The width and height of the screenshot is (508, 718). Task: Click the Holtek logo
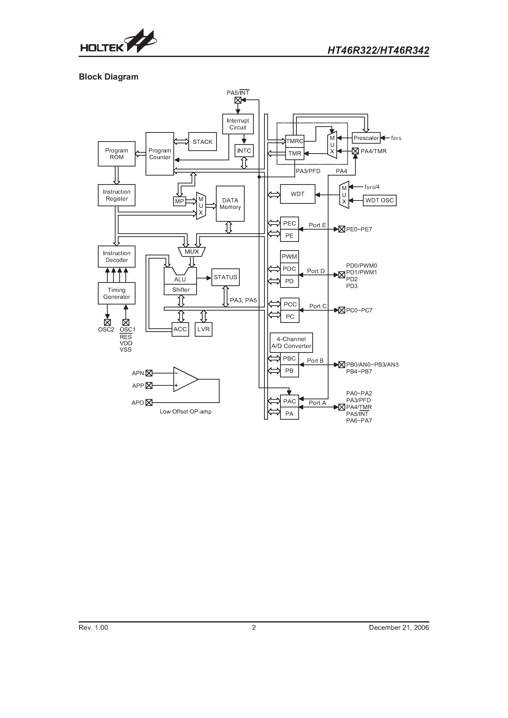click(x=118, y=42)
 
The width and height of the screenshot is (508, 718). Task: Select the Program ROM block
click(x=117, y=154)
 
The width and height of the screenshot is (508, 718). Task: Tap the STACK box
click(x=202, y=142)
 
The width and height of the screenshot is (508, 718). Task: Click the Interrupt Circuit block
click(x=238, y=124)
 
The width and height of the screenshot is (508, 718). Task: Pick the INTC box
click(x=244, y=151)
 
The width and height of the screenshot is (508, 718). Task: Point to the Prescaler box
click(x=366, y=138)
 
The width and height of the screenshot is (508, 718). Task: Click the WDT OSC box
click(x=379, y=200)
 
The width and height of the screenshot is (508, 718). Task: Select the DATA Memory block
click(x=230, y=204)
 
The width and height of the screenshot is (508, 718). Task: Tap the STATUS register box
click(x=225, y=277)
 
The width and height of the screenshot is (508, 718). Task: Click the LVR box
click(x=203, y=329)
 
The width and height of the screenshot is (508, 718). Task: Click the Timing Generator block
click(x=117, y=293)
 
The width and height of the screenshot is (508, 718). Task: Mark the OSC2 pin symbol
click(x=107, y=322)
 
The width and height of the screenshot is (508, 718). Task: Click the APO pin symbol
click(x=149, y=402)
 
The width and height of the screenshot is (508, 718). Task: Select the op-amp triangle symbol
click(x=185, y=379)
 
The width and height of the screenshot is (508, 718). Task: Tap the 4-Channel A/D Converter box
click(x=291, y=343)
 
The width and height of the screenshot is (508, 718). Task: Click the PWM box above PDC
click(x=289, y=256)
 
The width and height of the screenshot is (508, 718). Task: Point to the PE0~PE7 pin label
click(x=359, y=229)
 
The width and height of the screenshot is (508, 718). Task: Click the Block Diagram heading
click(x=108, y=77)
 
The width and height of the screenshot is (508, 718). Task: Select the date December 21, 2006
click(x=399, y=627)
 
